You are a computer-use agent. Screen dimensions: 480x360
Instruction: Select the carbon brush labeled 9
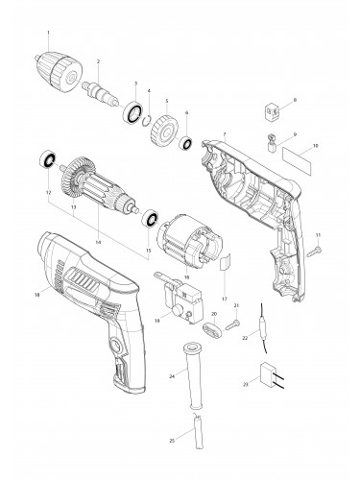273,146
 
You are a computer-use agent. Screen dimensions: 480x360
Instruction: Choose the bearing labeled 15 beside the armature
150,221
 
